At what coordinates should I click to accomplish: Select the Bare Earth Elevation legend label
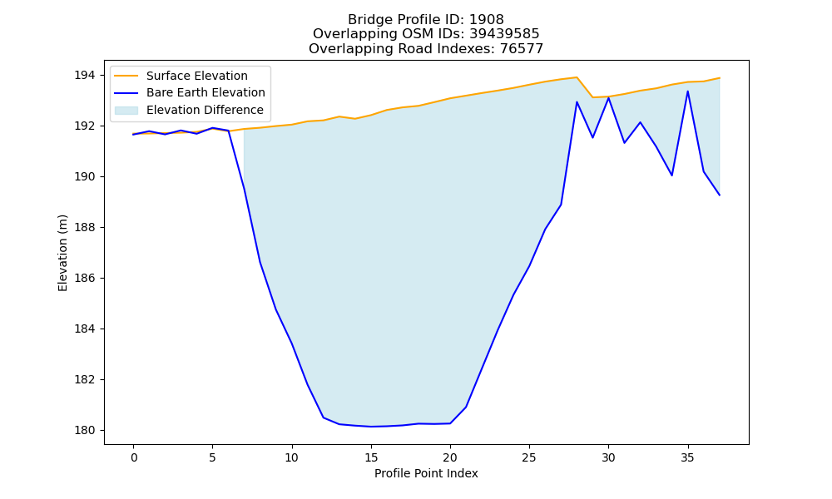[x=206, y=92]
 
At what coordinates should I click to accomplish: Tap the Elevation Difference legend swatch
[x=126, y=111]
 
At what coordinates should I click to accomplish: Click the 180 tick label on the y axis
[x=85, y=430]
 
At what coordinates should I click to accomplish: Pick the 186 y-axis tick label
[x=85, y=278]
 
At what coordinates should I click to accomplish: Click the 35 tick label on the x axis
[x=688, y=457]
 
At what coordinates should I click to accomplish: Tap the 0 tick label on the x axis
[x=133, y=457]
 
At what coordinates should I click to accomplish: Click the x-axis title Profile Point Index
[x=426, y=473]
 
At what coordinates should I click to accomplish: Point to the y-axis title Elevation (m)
[x=62, y=253]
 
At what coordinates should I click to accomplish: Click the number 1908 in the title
[x=486, y=20]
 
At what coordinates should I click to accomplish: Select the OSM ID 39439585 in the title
[x=504, y=34]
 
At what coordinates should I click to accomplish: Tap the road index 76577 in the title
[x=522, y=49]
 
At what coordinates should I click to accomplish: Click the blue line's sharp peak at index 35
[x=688, y=91]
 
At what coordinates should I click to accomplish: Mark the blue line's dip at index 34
[x=671, y=175]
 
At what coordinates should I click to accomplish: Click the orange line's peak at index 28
[x=577, y=77]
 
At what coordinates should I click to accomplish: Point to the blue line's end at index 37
[x=720, y=195]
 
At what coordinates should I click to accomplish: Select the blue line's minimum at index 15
[x=371, y=427]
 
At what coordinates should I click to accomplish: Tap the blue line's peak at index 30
[x=609, y=98]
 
